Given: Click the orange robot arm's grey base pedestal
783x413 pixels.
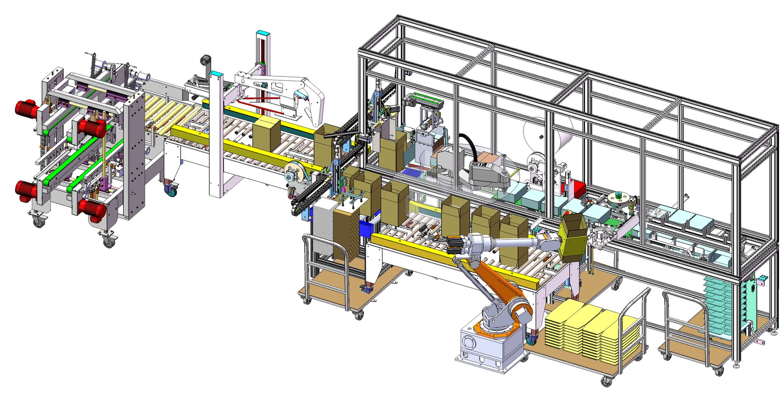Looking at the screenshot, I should pos(489,347).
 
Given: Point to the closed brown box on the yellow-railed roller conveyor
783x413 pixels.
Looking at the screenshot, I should pos(266,135).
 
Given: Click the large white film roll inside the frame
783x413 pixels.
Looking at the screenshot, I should pos(546,135).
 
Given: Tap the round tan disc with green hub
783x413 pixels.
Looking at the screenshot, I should pos(617,198).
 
